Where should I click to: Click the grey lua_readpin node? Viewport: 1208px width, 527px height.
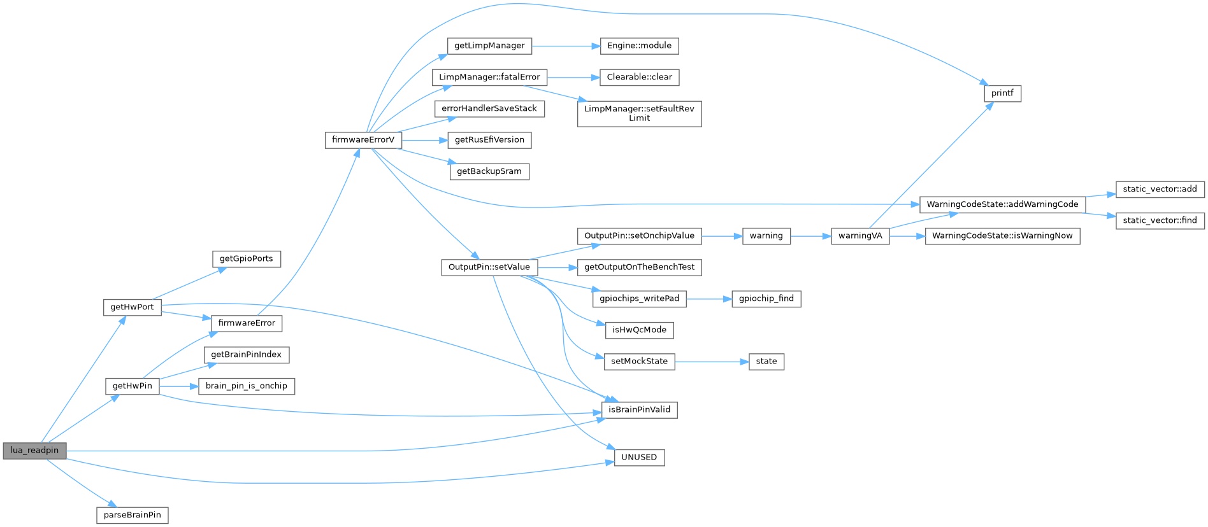click(x=34, y=451)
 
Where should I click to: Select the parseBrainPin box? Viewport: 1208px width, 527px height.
click(x=133, y=515)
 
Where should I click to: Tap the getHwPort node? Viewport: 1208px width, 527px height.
click(x=132, y=307)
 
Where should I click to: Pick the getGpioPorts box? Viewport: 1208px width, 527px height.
click(x=246, y=259)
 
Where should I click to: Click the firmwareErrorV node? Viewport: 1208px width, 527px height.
click(x=363, y=140)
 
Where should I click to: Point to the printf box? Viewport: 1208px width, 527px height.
click(x=1002, y=94)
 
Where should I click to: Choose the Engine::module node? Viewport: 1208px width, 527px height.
click(x=639, y=46)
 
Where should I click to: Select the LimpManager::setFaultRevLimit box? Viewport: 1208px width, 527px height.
click(x=639, y=113)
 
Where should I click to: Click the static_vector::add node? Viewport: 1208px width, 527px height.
click(x=1160, y=189)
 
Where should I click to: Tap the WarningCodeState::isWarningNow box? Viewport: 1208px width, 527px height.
click(x=1002, y=236)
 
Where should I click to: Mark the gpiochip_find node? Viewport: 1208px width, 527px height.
click(x=766, y=299)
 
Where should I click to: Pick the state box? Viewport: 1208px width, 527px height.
click(x=766, y=362)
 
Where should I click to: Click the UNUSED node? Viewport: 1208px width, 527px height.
click(x=639, y=458)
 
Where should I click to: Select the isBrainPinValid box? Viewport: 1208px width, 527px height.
click(x=639, y=410)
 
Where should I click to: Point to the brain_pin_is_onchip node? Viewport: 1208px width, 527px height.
click(x=246, y=386)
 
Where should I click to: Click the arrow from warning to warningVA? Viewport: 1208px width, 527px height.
click(x=810, y=236)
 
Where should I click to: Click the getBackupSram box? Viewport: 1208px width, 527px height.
click(x=489, y=172)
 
